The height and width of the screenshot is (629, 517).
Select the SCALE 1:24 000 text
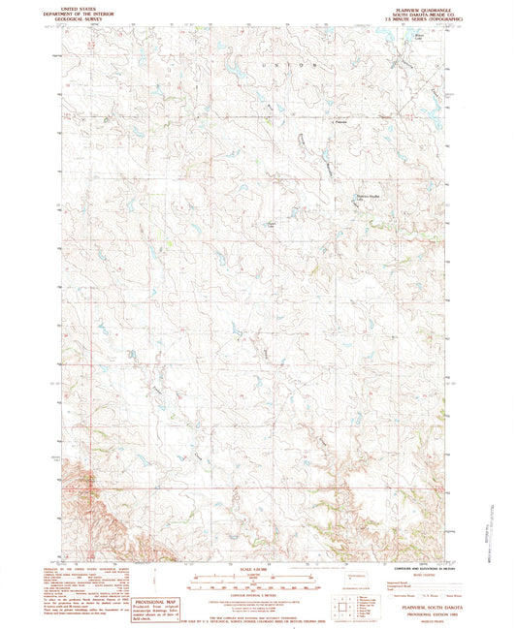(257, 567)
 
